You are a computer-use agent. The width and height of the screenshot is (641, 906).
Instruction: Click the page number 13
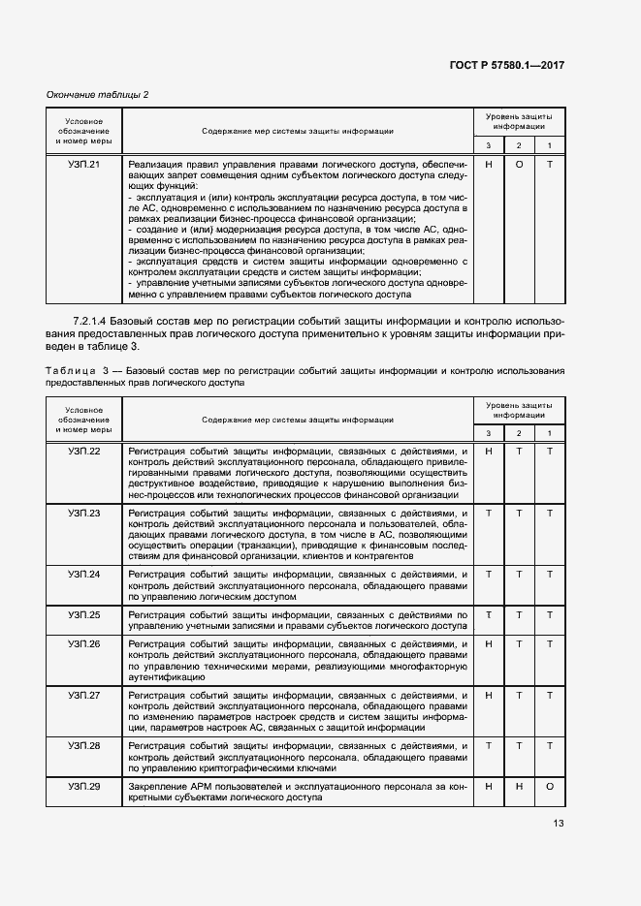(558, 824)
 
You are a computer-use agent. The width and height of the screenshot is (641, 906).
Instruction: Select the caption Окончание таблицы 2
(98, 94)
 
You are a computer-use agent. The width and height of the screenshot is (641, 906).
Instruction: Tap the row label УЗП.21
(84, 165)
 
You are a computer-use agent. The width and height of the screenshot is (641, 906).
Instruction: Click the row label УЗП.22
(84, 452)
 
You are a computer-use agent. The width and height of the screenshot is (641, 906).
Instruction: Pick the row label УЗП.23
(84, 513)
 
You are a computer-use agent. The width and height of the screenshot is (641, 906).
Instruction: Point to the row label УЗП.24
(84, 575)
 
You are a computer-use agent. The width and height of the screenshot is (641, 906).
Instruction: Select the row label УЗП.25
(84, 615)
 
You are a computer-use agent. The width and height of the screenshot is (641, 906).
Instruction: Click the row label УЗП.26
(84, 643)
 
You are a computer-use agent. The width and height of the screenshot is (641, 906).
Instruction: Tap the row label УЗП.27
(84, 696)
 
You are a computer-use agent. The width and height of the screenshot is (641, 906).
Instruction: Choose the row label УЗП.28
(84, 746)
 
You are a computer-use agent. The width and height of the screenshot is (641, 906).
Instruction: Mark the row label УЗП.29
(84, 786)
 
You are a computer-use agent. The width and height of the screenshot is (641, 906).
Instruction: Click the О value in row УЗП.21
(519, 165)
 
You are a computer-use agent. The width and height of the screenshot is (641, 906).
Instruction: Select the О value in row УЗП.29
(549, 786)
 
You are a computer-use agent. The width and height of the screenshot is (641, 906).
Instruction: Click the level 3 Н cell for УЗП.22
(489, 452)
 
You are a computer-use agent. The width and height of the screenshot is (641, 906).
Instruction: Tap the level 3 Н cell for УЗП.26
(489, 643)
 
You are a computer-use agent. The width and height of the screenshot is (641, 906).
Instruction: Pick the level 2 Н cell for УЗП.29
(519, 786)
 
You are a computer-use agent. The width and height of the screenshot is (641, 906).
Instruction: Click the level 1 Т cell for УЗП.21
(549, 165)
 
